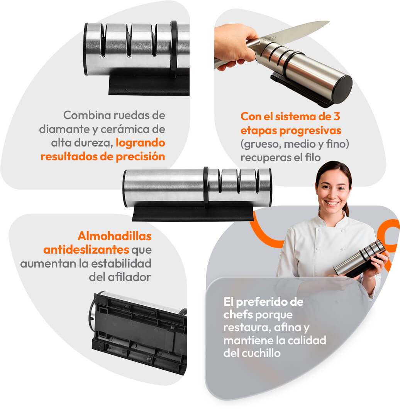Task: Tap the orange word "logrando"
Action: pyautogui.click(x=140, y=143)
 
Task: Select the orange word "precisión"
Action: pyautogui.click(x=140, y=157)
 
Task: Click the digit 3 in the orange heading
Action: pyautogui.click(x=337, y=116)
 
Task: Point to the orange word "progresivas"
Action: pyautogui.click(x=310, y=130)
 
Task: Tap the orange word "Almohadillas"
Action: pyautogui.click(x=115, y=236)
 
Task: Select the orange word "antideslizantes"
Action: pyautogui.click(x=86, y=250)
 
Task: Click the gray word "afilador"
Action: pyautogui.click(x=130, y=277)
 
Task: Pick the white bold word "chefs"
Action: pyautogui.click(x=238, y=315)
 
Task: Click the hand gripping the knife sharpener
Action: pyautogui.click(x=235, y=47)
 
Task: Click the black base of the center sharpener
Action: pyautogui.click(x=193, y=212)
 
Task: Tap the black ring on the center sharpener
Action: pyautogui.click(x=206, y=187)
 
